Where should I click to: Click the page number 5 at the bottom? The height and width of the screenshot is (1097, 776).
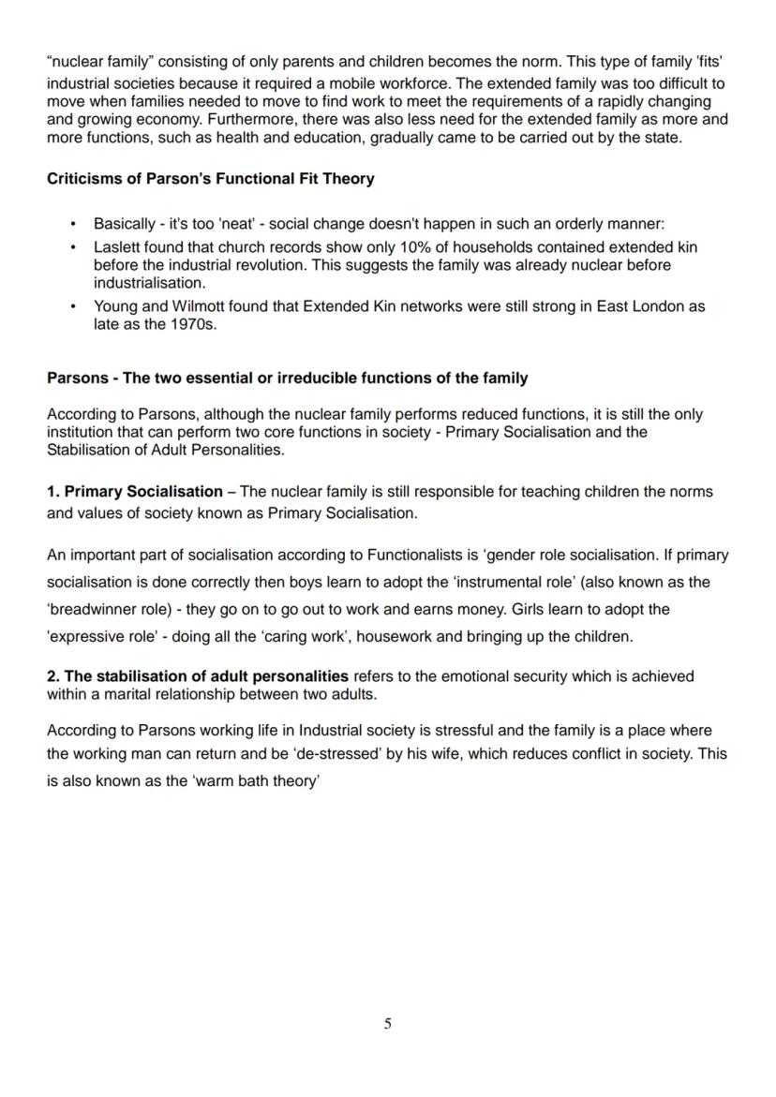(x=387, y=1024)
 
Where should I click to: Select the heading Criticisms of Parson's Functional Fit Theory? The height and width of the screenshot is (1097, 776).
(x=210, y=178)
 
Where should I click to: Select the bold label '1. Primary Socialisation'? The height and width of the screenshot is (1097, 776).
(x=135, y=492)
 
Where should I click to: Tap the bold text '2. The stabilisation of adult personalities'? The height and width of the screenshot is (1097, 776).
(x=198, y=676)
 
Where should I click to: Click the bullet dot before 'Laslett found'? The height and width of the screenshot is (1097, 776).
(x=73, y=247)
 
